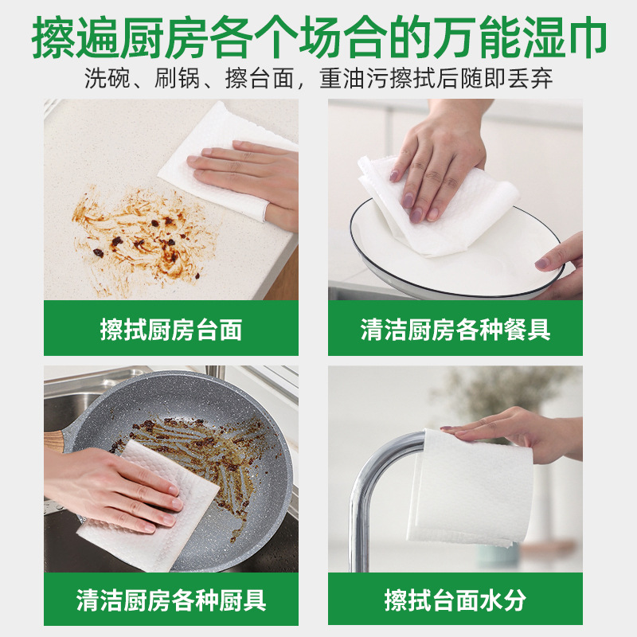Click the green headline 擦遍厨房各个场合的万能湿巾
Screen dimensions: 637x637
coord(318,37)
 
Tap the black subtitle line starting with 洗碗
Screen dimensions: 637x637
coord(318,78)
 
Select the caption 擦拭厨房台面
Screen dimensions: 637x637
coord(171,330)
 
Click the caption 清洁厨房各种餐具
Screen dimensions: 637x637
coord(455,330)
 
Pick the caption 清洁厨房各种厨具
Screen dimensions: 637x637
coord(171,600)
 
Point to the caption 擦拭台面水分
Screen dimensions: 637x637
coord(455,600)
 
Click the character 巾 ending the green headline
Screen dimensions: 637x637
coord(586,37)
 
